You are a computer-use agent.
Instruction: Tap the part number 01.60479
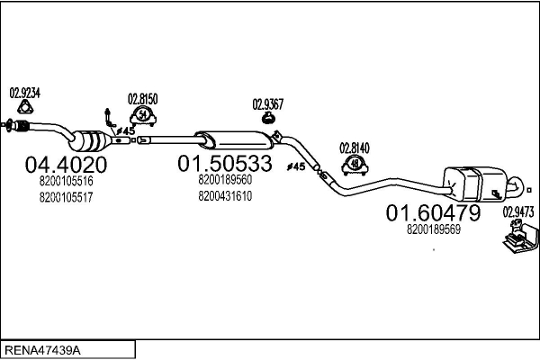click(x=433, y=212)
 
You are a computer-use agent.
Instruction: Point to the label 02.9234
click(x=24, y=92)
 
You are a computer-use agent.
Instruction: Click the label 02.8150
click(x=142, y=98)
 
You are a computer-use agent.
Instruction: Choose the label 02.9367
click(x=268, y=104)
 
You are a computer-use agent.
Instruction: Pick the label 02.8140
click(x=355, y=147)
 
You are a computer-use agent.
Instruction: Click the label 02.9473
click(x=518, y=212)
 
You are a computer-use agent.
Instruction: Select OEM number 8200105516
click(x=67, y=181)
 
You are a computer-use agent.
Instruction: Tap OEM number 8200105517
click(x=67, y=196)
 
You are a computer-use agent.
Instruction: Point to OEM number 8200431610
click(x=225, y=194)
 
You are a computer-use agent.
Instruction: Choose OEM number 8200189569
click(x=434, y=229)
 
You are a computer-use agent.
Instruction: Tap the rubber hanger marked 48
click(x=355, y=164)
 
